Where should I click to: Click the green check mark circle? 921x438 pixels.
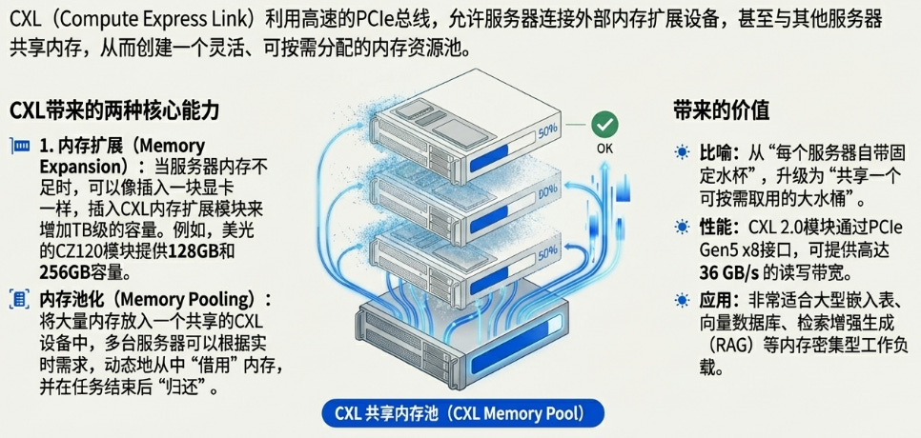coord(604,124)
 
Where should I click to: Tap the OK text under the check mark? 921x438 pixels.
coord(604,149)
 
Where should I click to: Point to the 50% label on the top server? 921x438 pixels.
coord(548,132)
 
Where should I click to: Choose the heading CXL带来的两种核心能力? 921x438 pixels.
coord(114,111)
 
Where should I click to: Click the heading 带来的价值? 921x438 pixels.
coord(721,111)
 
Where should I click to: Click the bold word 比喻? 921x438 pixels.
coord(717,152)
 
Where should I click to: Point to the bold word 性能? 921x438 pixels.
coord(717,227)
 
